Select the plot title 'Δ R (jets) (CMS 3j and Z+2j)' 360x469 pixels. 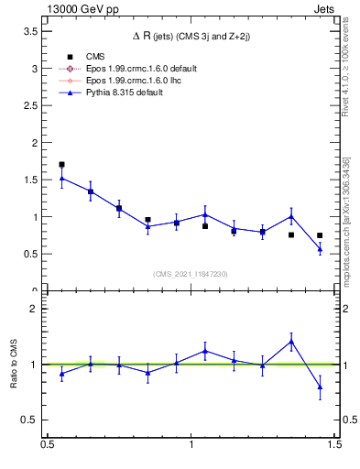point(191,36)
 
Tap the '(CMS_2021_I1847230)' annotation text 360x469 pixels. point(191,274)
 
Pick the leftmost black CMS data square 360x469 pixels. point(61,165)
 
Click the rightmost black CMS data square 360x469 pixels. point(320,235)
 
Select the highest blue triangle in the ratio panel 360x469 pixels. point(291,342)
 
